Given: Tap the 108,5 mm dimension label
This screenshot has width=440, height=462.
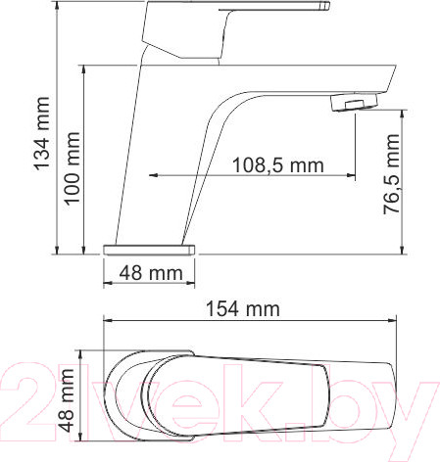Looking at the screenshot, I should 277,164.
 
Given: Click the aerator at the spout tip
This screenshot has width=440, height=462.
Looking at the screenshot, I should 356,102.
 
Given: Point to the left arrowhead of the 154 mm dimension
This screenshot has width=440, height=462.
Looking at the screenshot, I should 108,322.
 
